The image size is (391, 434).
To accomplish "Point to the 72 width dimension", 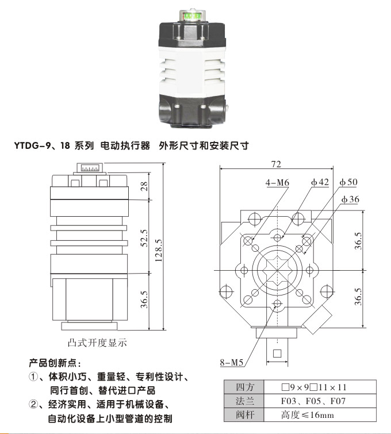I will coord(275,164).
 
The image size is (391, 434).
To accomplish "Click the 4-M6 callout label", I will coord(277,182).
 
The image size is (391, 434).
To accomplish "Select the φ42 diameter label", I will coord(320,182).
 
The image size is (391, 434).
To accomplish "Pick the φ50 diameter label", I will coord(348,182).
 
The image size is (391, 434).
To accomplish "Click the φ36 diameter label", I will coord(350,199).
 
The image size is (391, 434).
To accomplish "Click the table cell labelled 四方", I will coord(242,387).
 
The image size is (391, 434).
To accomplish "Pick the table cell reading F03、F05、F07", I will coord(313,401).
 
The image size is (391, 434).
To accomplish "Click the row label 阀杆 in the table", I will coord(242,414).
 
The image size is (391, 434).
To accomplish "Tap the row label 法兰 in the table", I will coord(242,401).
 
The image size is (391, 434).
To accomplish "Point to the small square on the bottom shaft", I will coord(278,353).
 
